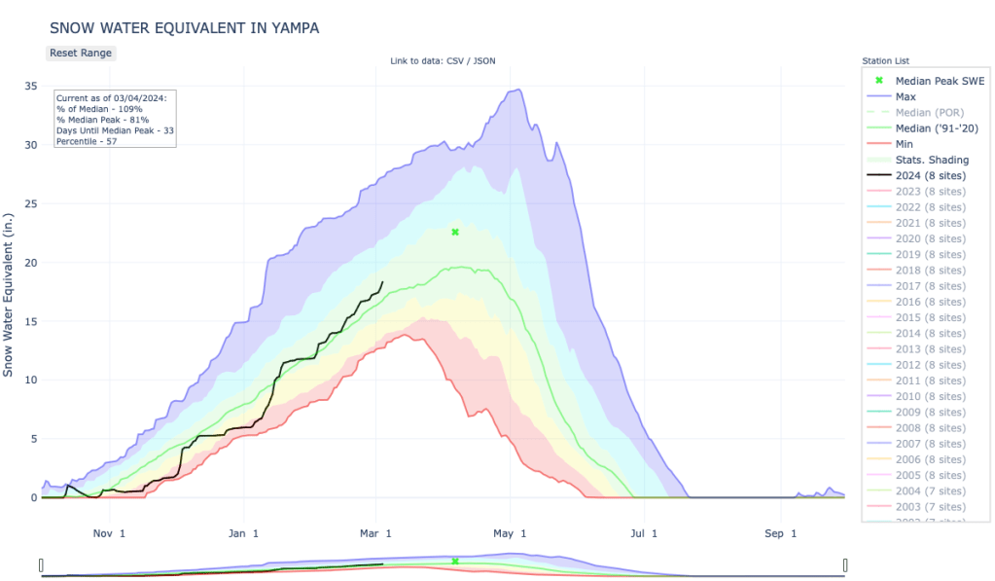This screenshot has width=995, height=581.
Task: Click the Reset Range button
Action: pyautogui.click(x=81, y=53)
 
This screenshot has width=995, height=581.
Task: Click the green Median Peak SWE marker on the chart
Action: pyautogui.click(x=455, y=232)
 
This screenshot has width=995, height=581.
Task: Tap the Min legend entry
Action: pyautogui.click(x=905, y=144)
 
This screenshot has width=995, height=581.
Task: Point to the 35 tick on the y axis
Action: pyautogui.click(x=31, y=87)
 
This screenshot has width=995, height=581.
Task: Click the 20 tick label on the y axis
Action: pyautogui.click(x=31, y=263)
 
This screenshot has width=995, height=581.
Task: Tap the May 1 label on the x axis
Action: pyautogui.click(x=510, y=533)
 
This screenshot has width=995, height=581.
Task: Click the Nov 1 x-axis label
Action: pyautogui.click(x=108, y=533)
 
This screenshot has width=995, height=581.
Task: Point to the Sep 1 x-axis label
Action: pyautogui.click(x=779, y=533)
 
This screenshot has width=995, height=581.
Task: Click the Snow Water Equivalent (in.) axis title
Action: pyautogui.click(x=9, y=292)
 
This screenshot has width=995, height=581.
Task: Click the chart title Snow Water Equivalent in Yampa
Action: pyautogui.click(x=184, y=28)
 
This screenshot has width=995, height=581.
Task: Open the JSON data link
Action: pyautogui.click(x=484, y=61)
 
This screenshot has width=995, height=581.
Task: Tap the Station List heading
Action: pyautogui.click(x=885, y=61)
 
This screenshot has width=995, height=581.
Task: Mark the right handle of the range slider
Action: pyautogui.click(x=845, y=565)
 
